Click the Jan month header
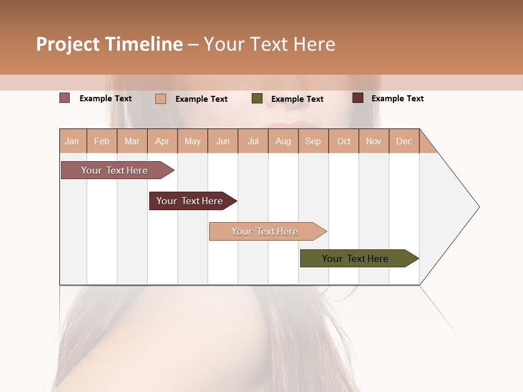point(72,141)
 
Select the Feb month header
point(102,141)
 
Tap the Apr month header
point(162,141)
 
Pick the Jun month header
point(223,141)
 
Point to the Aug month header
point(283,141)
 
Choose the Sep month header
point(313,141)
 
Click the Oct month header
point(344,141)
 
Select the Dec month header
point(404,141)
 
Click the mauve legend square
point(64,98)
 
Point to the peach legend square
point(161,99)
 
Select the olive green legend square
point(257,99)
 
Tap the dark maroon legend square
point(357,98)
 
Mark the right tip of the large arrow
point(478,207)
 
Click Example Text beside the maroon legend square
point(397,99)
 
